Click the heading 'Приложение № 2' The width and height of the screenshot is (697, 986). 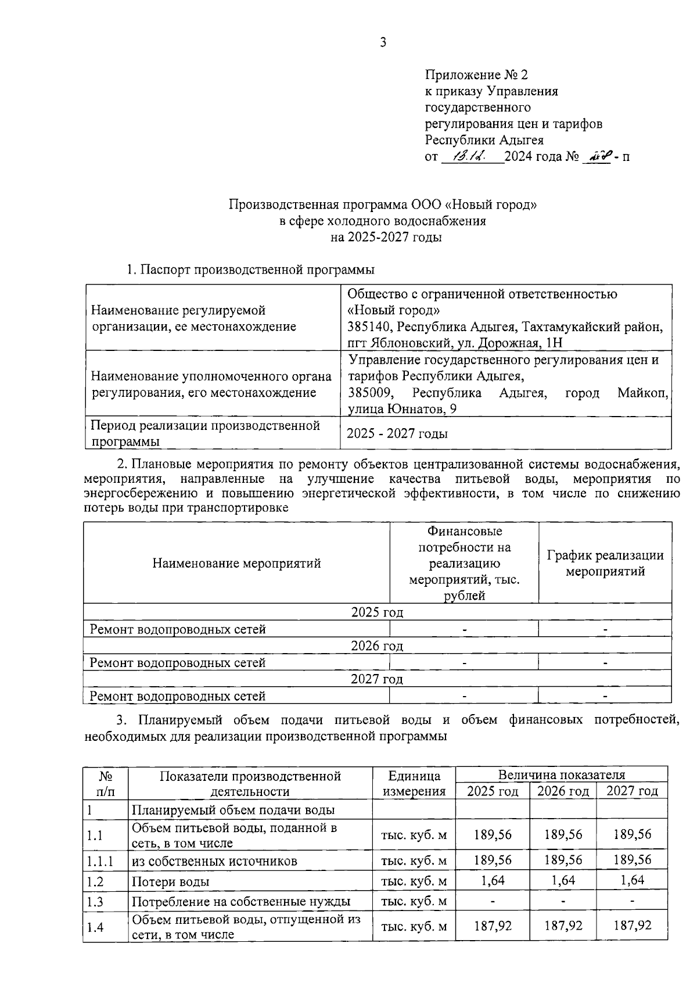click(x=476, y=75)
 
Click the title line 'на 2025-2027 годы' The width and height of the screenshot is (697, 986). click(x=386, y=237)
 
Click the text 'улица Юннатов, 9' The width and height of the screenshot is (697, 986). click(x=402, y=409)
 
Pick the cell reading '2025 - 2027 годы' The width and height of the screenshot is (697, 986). click(x=397, y=433)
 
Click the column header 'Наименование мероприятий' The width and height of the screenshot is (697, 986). click(x=236, y=563)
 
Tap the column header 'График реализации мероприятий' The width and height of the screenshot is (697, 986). click(x=605, y=563)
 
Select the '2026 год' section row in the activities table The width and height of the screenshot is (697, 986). click(x=377, y=646)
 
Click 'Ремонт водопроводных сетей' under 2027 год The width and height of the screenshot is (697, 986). click(x=178, y=696)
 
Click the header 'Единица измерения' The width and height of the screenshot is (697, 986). click(x=414, y=783)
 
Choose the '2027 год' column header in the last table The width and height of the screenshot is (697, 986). click(x=632, y=791)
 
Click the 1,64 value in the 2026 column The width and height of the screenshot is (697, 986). click(x=563, y=880)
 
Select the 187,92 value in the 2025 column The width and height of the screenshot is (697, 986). click(x=493, y=926)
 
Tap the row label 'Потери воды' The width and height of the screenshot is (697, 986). click(x=170, y=881)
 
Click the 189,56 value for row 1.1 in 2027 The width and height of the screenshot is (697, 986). click(x=632, y=835)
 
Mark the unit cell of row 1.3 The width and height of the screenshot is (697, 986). click(x=414, y=901)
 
